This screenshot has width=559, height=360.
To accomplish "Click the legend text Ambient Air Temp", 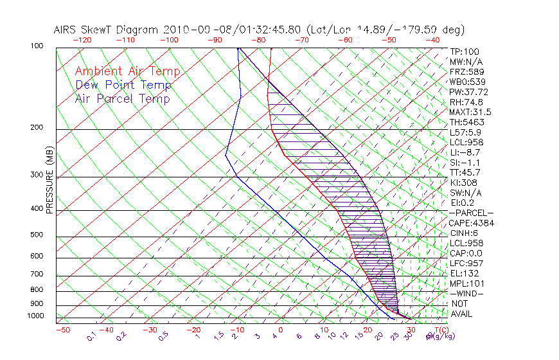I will pos(127,71).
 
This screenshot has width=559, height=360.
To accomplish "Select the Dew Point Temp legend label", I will pos(123,85).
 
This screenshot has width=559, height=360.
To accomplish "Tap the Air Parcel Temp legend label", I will pos(122,98).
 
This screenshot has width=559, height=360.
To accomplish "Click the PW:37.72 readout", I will pos(469,92).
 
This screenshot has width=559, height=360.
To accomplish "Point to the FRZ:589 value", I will pos(467,71).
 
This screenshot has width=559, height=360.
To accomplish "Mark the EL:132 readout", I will pos(465,273).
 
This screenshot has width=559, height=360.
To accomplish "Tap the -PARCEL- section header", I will pos(472,213).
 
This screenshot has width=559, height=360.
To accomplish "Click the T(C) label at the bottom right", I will pos(441,330).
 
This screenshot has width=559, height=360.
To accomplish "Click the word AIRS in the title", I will pos(66,30).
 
